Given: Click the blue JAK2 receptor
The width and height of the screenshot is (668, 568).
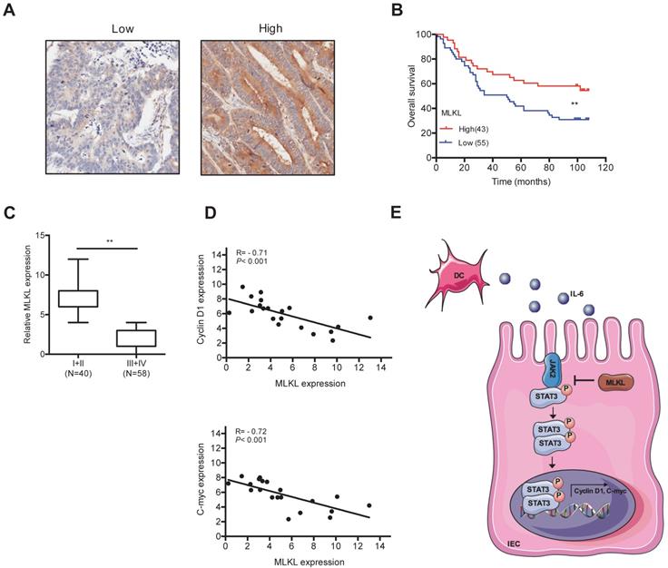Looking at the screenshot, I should (x=549, y=372).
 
